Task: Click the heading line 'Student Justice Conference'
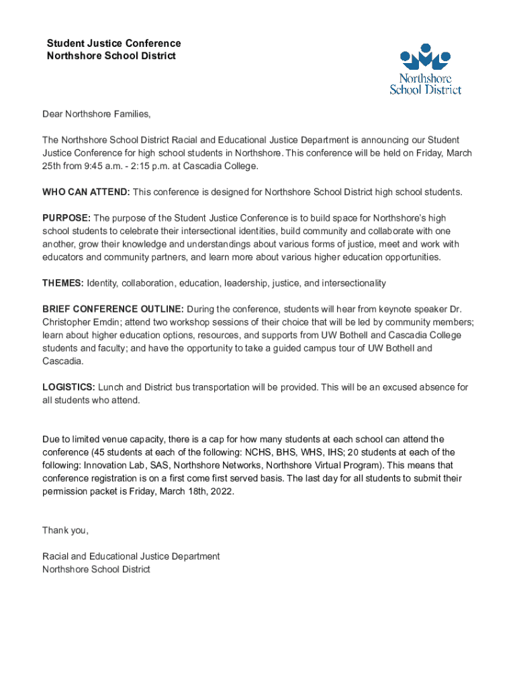[x=113, y=44]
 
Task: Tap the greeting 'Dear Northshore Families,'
[x=97, y=114]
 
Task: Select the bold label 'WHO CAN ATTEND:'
[x=86, y=193]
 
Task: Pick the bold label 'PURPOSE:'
[x=66, y=218]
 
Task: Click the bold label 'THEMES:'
[x=63, y=283]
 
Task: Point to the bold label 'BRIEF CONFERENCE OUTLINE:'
[x=113, y=309]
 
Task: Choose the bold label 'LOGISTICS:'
[x=69, y=387]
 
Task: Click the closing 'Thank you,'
[x=66, y=531]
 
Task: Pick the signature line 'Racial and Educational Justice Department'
[x=131, y=556]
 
